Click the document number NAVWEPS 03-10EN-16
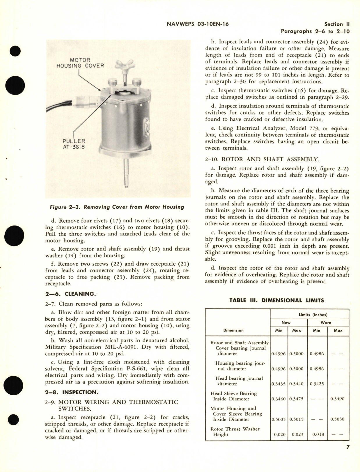(198, 24)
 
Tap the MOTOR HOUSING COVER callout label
(80, 63)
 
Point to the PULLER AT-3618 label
(74, 144)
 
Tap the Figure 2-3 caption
(117, 207)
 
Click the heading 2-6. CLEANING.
(70, 294)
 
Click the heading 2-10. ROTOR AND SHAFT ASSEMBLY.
(262, 159)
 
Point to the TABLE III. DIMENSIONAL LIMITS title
(276, 300)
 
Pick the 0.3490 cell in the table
(338, 399)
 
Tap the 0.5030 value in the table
(338, 419)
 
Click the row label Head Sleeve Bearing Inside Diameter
(233, 396)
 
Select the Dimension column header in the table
(233, 330)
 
